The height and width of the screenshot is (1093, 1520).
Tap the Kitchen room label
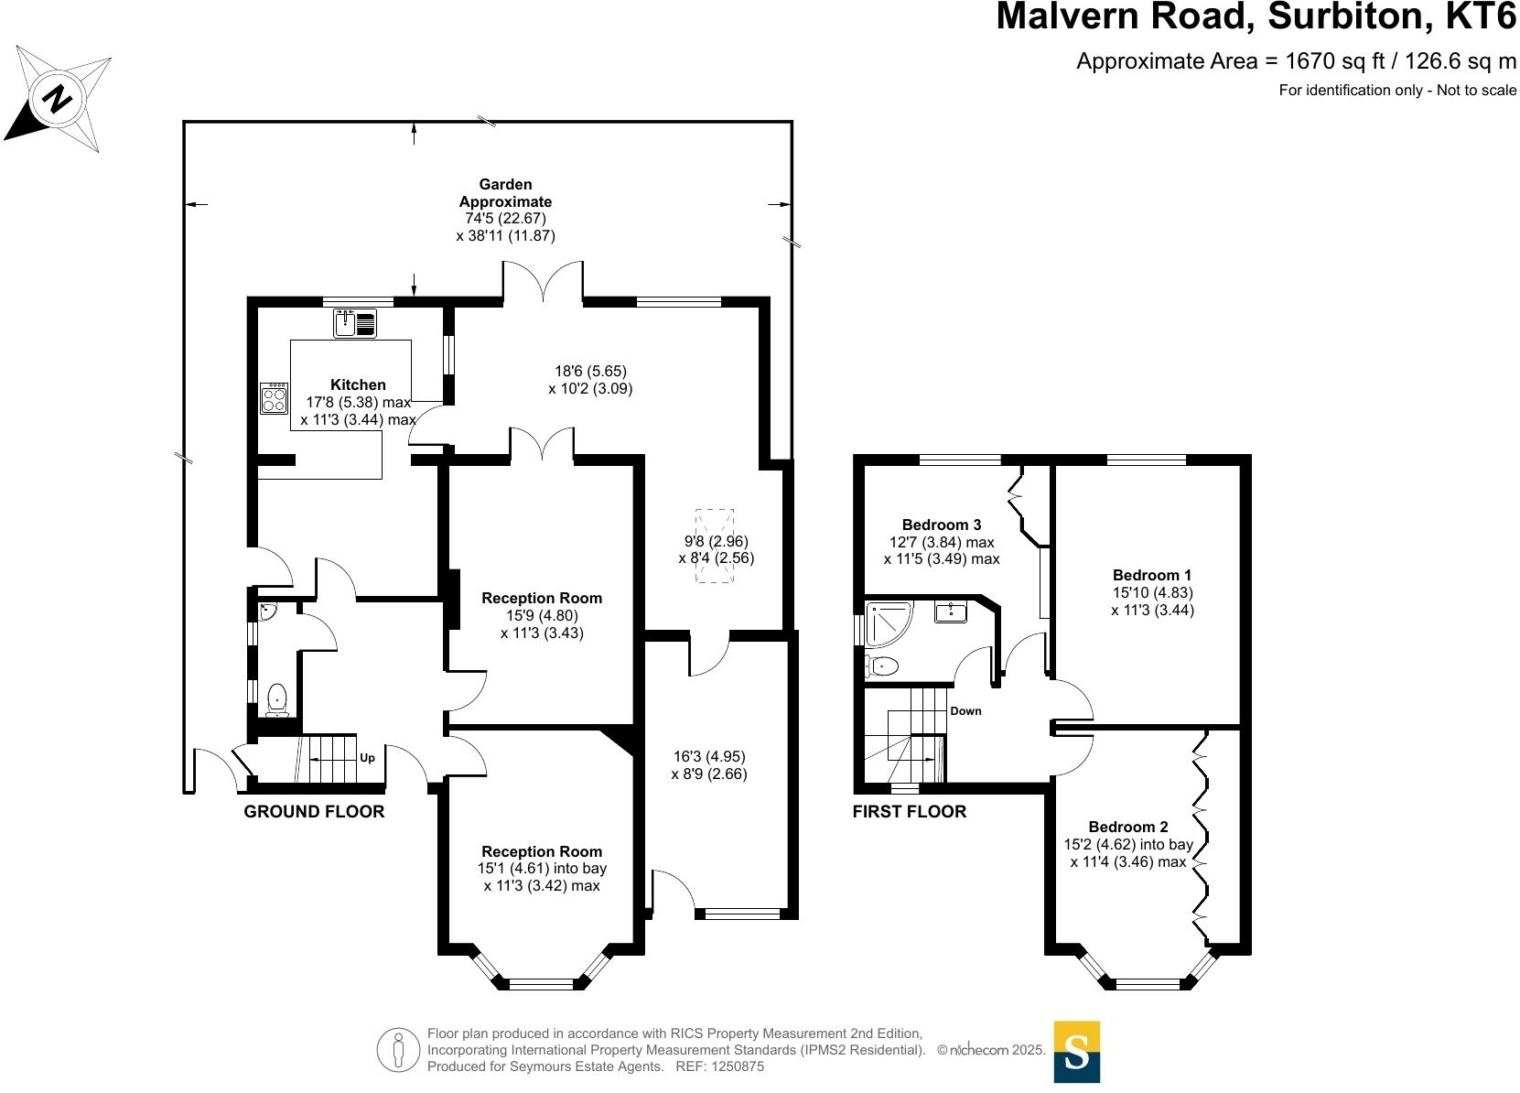(x=358, y=384)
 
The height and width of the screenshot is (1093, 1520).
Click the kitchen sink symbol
(x=355, y=323)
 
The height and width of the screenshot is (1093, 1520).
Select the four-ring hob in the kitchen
(x=274, y=398)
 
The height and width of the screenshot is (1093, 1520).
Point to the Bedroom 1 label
(x=1151, y=575)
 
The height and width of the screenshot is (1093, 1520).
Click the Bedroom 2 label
(x=1127, y=827)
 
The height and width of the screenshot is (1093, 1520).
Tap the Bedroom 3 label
(x=941, y=525)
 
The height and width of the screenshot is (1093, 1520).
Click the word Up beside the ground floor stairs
(x=367, y=758)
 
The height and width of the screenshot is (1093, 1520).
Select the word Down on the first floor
(x=965, y=710)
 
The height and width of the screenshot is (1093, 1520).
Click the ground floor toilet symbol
(x=276, y=700)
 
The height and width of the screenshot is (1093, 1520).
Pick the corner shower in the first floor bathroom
(x=885, y=623)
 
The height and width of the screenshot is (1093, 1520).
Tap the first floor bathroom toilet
(x=881, y=666)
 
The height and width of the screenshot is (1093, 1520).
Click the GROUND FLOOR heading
(x=314, y=811)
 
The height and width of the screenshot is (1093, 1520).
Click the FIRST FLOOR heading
(x=909, y=811)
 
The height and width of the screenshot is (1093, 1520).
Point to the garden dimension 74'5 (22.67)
(x=505, y=219)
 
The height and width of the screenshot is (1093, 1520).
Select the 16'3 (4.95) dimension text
(x=709, y=756)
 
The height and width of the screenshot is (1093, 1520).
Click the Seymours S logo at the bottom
(x=1076, y=1052)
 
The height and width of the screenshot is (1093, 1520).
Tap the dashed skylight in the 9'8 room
(x=715, y=546)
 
